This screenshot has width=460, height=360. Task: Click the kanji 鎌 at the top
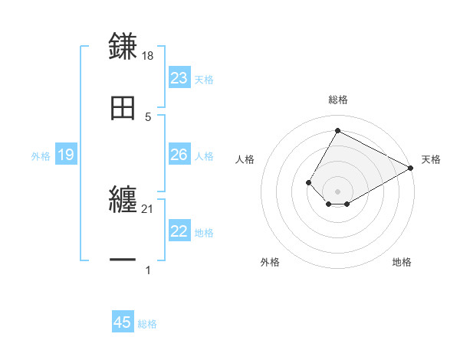[123, 46]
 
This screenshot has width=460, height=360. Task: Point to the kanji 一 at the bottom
[123, 260]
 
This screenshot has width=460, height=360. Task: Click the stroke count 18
[149, 55]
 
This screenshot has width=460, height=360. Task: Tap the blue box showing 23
[179, 78]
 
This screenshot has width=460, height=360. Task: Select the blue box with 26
[179, 155]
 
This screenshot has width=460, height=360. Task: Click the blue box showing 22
[179, 232]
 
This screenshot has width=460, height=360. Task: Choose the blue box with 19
[66, 155]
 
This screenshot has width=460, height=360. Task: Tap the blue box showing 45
[123, 322]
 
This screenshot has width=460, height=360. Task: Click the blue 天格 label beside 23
[204, 80]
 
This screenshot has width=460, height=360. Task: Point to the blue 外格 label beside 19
[41, 155]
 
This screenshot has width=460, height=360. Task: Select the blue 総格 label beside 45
[147, 324]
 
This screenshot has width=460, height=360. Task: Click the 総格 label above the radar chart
[337, 100]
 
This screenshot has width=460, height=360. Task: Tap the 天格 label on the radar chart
[431, 159]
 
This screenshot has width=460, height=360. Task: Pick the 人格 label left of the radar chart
[245, 159]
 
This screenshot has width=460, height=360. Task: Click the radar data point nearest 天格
[411, 169]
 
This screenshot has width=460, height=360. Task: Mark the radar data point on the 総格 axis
[337, 130]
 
